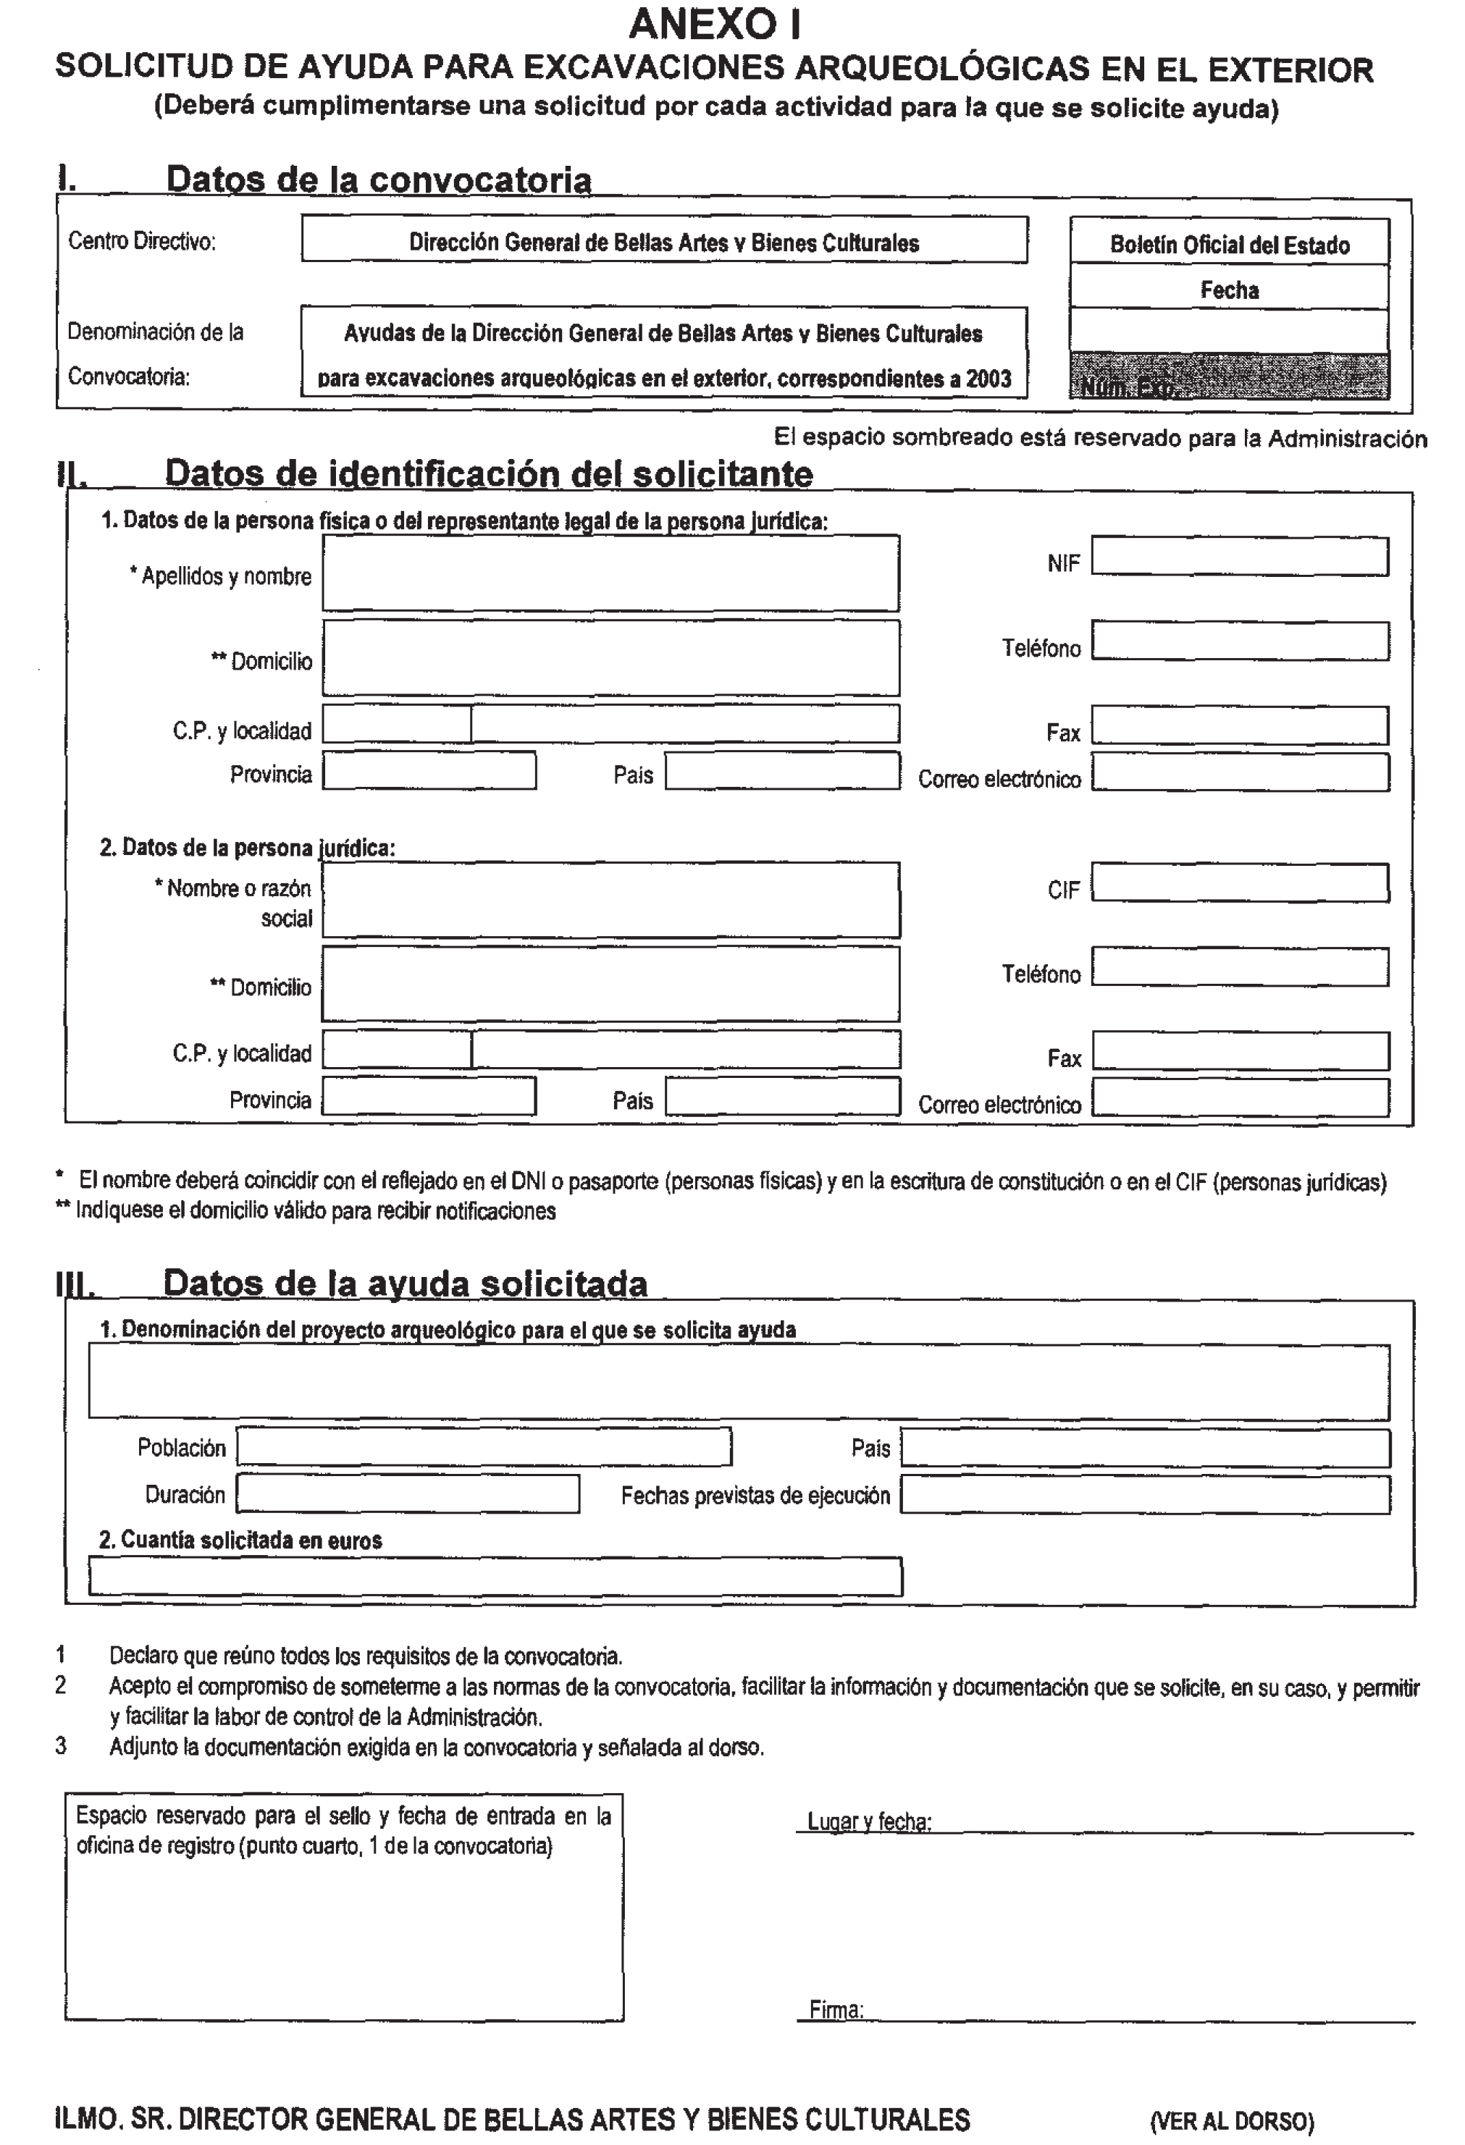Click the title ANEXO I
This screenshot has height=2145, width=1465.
click(715, 24)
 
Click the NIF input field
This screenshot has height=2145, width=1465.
click(1239, 557)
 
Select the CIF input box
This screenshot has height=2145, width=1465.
click(1239, 882)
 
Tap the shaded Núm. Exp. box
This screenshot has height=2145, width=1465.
click(1229, 377)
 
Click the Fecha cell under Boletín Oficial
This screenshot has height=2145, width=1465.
click(1229, 290)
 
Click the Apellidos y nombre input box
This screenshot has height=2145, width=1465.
click(610, 573)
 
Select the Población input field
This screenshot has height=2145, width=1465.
click(484, 1446)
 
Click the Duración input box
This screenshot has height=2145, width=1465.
click(407, 1493)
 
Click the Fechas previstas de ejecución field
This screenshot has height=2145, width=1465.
click(1145, 1494)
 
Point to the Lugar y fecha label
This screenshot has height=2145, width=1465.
click(869, 1821)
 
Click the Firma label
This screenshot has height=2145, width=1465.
click(836, 2010)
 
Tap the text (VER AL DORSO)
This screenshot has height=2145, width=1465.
click(1231, 2120)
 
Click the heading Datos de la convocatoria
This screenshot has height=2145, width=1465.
click(379, 179)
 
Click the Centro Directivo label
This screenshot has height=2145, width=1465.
click(141, 241)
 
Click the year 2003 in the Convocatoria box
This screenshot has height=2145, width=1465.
click(988, 379)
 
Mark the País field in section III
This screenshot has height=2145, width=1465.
click(1145, 1447)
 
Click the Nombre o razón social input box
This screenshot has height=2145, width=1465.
click(610, 900)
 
